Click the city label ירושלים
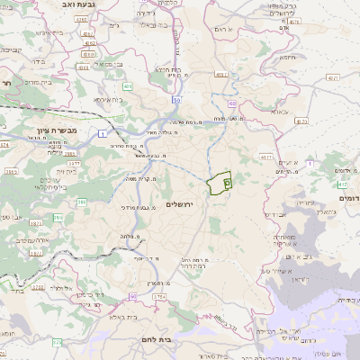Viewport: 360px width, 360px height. [x=181, y=204]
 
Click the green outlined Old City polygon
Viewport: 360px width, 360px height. [x=219, y=184]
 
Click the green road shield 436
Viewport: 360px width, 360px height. [x=128, y=86]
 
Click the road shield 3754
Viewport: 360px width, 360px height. [x=159, y=295]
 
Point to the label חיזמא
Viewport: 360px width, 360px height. [x=287, y=58]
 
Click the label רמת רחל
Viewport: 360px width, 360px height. [x=194, y=266]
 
